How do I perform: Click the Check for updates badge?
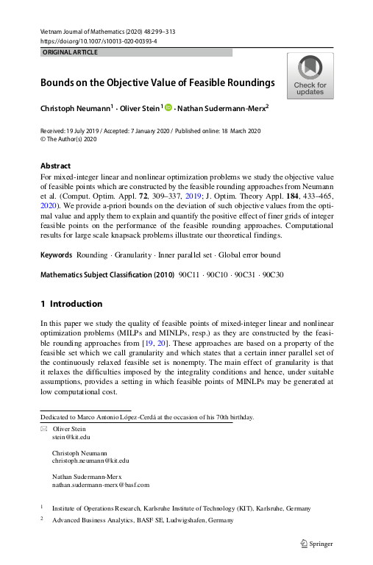310,76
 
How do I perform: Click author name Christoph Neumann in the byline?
74,108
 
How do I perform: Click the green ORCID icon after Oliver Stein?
168,108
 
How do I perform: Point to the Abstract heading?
55,166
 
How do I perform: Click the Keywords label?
56,255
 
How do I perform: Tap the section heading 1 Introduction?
71,304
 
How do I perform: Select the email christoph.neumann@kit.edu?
91,461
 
